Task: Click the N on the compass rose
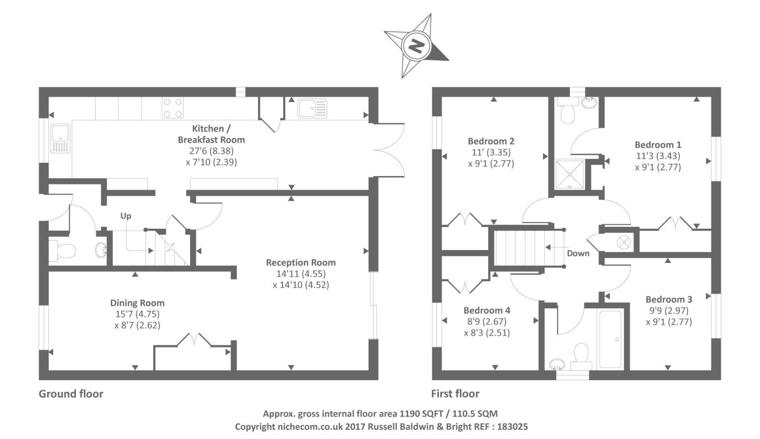click(x=416, y=46)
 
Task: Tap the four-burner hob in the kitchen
click(x=172, y=107)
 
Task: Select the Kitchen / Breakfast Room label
click(x=211, y=134)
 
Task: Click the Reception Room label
click(x=301, y=262)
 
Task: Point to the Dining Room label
click(x=137, y=303)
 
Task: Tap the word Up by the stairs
click(x=125, y=216)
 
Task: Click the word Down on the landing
click(x=578, y=253)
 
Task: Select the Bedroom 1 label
click(x=658, y=145)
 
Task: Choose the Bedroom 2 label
click(x=491, y=141)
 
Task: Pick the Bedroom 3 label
click(x=669, y=299)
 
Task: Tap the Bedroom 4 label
click(x=487, y=310)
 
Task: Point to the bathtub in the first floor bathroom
click(x=610, y=339)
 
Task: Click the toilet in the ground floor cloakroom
click(x=62, y=251)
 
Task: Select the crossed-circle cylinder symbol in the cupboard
click(x=623, y=242)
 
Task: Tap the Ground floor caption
click(x=71, y=394)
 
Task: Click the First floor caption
click(x=455, y=394)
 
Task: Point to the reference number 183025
click(x=512, y=427)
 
